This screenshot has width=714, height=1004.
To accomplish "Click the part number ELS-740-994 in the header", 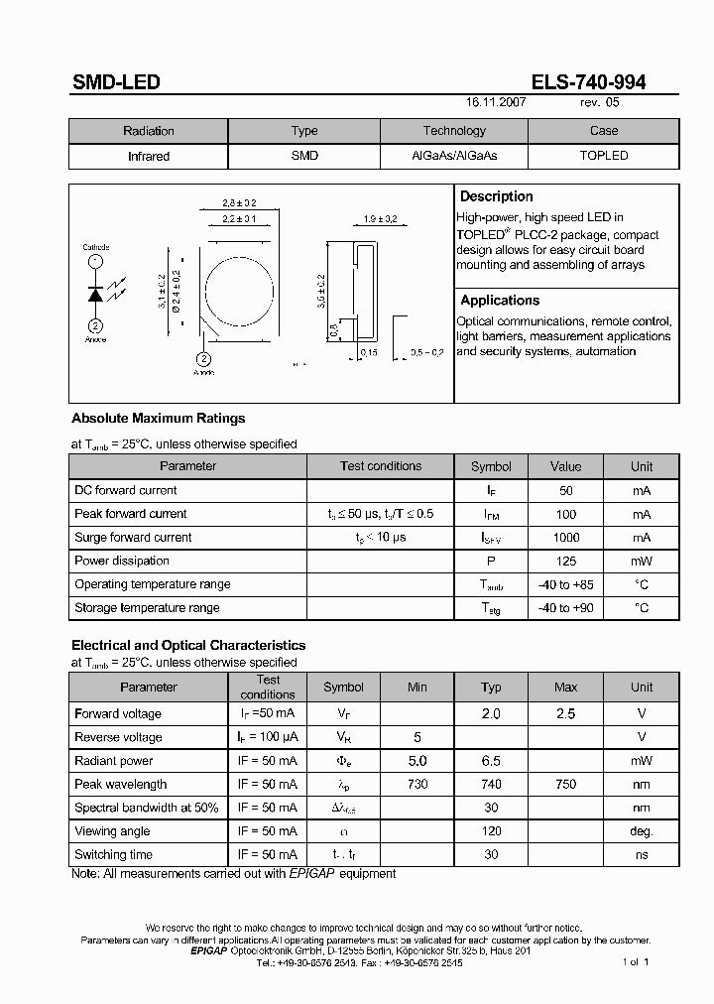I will click(x=588, y=83).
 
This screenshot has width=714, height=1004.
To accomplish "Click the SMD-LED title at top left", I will click(x=116, y=83).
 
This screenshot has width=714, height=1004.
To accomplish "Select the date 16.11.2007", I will click(x=496, y=102).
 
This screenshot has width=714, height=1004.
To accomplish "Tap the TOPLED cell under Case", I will click(x=603, y=156).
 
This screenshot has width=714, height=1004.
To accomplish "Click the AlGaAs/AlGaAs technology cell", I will click(x=454, y=156).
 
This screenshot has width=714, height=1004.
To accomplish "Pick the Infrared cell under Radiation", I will click(x=149, y=156).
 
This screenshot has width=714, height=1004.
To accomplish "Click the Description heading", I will click(x=497, y=196).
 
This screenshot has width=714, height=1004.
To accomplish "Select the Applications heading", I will click(x=500, y=300).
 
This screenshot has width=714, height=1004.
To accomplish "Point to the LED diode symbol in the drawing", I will click(x=96, y=294).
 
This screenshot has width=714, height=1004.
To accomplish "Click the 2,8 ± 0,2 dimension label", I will click(x=239, y=202).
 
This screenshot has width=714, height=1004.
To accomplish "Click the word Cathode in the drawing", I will click(x=96, y=247).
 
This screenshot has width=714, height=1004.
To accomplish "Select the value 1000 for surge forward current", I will click(x=566, y=537).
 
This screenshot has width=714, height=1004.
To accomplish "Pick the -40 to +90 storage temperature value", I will click(x=565, y=608).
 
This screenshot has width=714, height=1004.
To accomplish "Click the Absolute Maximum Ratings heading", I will click(x=158, y=418).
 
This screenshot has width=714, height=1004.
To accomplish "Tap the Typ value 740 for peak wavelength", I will click(x=491, y=784).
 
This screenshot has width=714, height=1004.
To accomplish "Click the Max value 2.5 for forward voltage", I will click(x=565, y=713).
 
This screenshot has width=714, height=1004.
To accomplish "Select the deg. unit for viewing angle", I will click(x=642, y=831).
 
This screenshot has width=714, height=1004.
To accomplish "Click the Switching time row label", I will click(x=113, y=854).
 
